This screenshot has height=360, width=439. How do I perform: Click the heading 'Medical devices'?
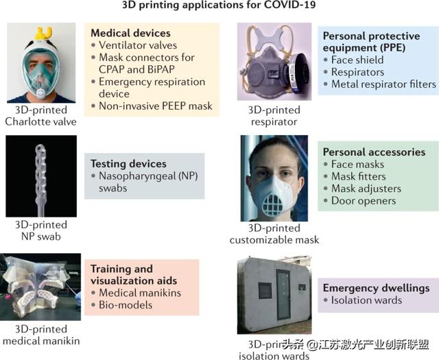coord(130,33)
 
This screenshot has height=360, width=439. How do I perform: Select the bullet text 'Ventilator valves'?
coord(138,45)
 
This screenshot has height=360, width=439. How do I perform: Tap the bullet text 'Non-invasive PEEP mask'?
coord(156,106)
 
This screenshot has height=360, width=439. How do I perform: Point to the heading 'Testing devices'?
coord(128,164)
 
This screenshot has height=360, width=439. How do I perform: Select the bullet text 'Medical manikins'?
coord(140,293)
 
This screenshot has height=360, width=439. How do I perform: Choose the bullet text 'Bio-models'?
coord(126,305)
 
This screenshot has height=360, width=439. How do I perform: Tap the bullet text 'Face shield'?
coord(357,60)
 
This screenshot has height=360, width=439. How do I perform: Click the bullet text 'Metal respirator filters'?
coord(383,84)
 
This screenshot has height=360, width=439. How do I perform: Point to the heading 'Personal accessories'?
coord(374,152)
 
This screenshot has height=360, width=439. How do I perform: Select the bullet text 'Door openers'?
coord(364,201)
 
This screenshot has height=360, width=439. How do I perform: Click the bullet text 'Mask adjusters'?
coord(366,189)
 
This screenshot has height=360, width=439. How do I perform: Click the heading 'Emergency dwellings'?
coord(377,288)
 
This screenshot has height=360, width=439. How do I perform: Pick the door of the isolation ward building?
coord(283,294)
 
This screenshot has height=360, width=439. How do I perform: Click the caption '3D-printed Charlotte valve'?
coord(41,116)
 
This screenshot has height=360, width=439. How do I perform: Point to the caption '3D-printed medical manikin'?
coord(41,335)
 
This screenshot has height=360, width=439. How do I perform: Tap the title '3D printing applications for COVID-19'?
coord(219,5)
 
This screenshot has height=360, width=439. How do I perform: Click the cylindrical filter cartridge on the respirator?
coord(299,73)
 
